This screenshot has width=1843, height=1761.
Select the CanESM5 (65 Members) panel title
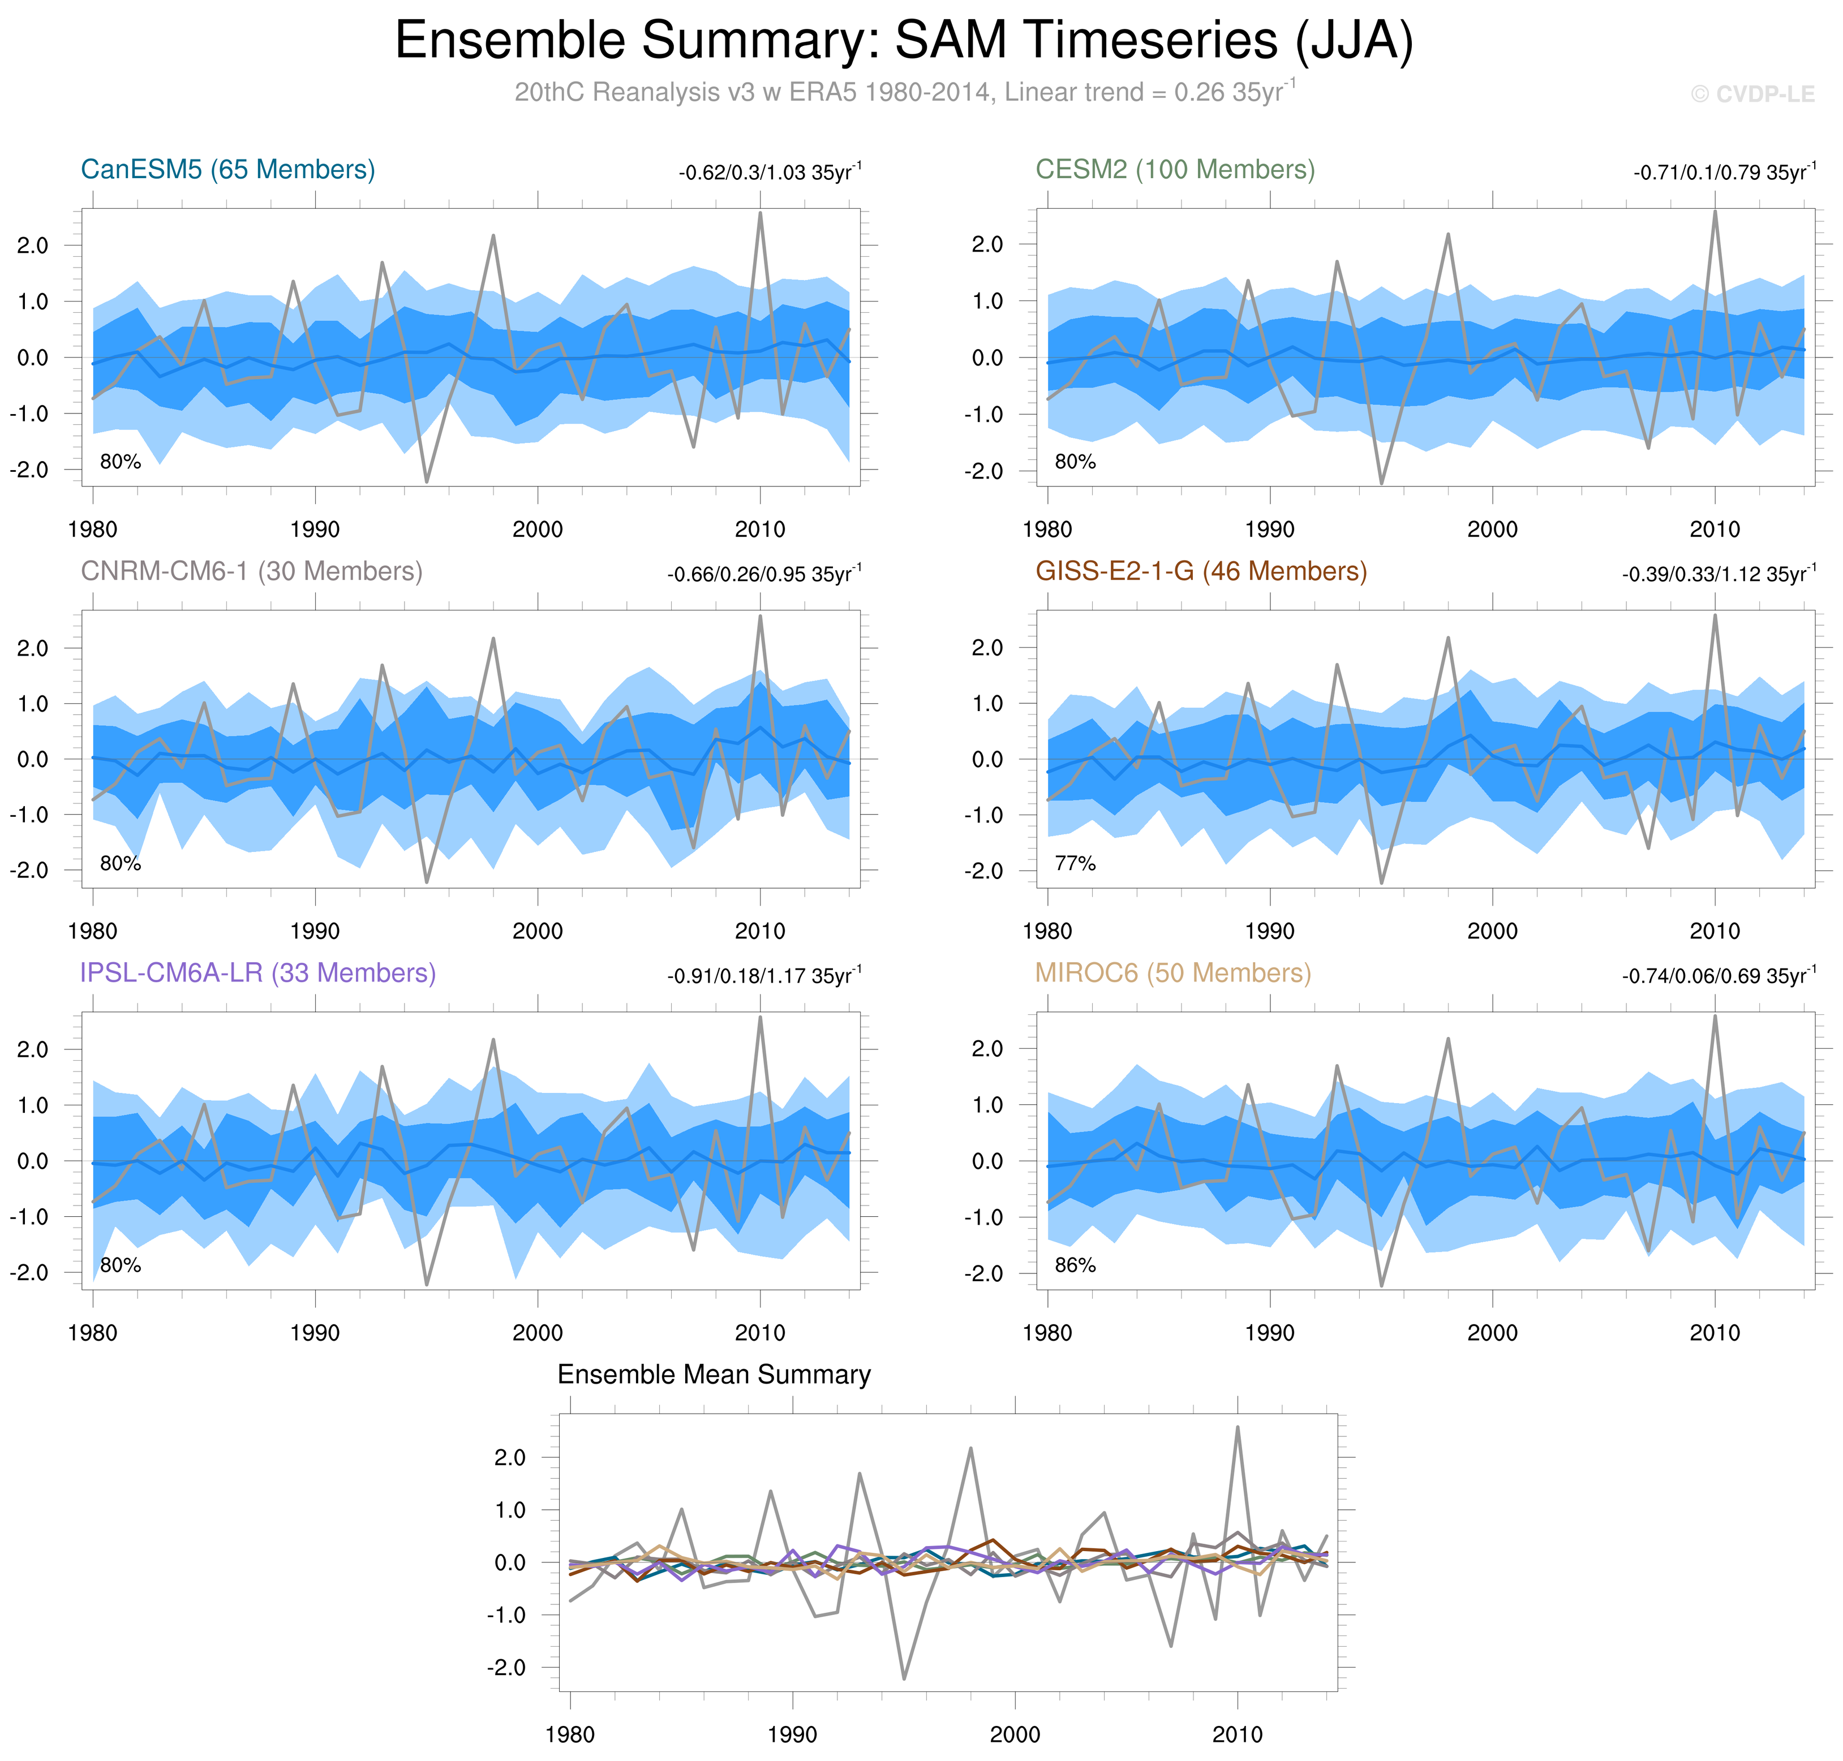[228, 170]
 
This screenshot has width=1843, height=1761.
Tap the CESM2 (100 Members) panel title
[1175, 170]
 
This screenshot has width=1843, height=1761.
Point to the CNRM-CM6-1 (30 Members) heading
[252, 572]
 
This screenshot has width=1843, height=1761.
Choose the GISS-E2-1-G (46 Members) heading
[1201, 572]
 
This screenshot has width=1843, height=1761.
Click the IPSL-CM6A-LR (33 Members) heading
[258, 974]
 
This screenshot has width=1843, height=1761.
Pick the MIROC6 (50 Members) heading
[1172, 974]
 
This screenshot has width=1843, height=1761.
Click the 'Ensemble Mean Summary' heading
[714, 1375]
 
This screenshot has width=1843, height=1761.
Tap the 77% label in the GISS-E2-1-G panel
[1075, 864]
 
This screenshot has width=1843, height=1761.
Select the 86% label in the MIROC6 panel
[1075, 1265]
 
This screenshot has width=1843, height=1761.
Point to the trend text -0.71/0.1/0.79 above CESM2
[1724, 173]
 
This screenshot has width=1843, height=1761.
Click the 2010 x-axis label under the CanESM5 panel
[759, 529]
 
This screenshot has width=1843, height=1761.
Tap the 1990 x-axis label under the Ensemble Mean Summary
[792, 1735]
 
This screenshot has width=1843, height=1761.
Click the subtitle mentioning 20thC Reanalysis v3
[905, 93]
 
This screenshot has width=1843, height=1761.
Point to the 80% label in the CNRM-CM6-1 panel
[120, 864]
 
